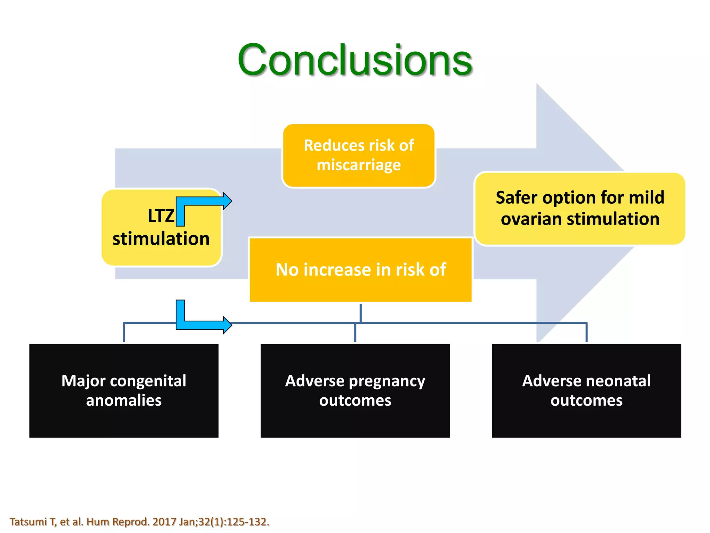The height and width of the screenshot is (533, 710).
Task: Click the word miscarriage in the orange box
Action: [359, 165]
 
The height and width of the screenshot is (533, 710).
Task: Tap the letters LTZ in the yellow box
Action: [161, 216]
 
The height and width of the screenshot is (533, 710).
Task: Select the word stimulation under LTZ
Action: [161, 239]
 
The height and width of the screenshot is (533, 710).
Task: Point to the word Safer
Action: [516, 198]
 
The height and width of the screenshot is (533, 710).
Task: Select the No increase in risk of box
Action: [361, 270]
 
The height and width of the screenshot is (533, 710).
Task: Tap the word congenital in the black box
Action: [153, 381]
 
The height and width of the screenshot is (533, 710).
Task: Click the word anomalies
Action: [124, 400]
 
